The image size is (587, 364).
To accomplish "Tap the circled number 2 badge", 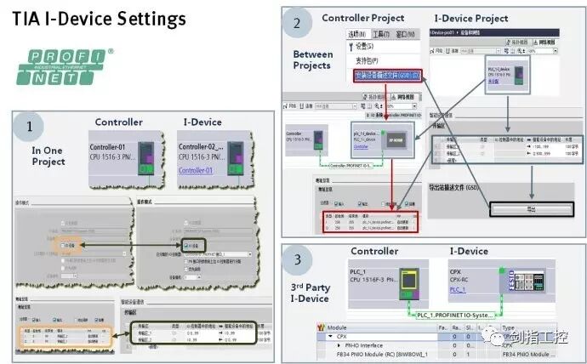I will pyautogui.click(x=297, y=25).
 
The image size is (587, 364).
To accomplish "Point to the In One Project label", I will pyautogui.click(x=48, y=156).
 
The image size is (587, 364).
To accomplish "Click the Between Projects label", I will pyautogui.click(x=313, y=60).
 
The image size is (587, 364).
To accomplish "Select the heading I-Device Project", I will pyautogui.click(x=470, y=18).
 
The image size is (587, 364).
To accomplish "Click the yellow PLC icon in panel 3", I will pyautogui.click(x=409, y=279).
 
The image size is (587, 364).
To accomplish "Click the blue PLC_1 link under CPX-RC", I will pyautogui.click(x=458, y=289).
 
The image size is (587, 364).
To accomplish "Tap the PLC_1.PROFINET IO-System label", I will pyautogui.click(x=454, y=315).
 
